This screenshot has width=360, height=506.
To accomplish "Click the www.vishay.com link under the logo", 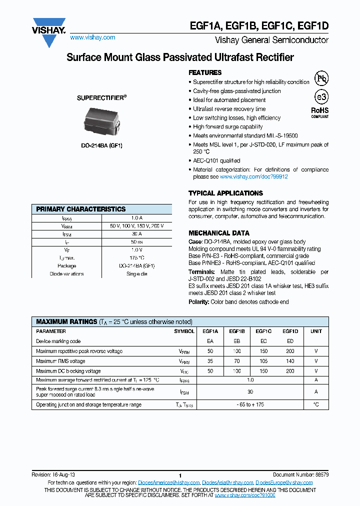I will click(92, 37).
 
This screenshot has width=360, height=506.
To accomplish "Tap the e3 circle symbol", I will click(320, 97).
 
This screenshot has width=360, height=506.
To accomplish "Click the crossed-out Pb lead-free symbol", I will click(320, 78).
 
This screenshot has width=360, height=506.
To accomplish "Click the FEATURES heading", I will click(205, 72).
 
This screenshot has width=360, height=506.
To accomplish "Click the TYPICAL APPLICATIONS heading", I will click(218, 193).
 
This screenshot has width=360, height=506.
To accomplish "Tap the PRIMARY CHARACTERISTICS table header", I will click(81, 209).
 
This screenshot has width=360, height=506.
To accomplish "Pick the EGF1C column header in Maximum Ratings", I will click(263, 331).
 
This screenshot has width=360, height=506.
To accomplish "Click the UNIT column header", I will click(316, 331).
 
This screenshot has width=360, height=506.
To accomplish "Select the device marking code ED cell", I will click(290, 341).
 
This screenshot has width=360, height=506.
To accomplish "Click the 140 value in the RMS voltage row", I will click(290, 361).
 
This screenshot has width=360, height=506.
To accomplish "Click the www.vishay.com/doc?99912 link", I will click(254, 176).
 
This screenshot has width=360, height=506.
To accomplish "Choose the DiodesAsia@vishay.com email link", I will click(227, 482).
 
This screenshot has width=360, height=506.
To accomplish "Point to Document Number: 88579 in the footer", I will click(300, 474).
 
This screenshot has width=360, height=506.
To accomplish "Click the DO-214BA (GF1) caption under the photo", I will click(101, 145).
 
